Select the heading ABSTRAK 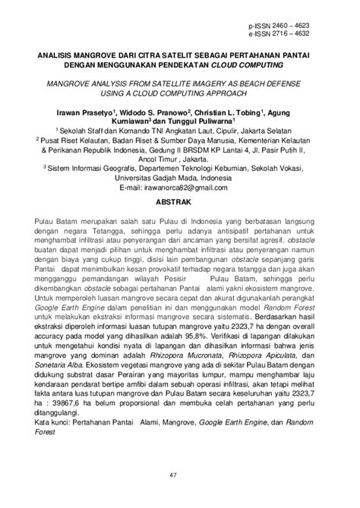180,203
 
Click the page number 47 180,475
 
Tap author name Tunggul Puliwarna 205,121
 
